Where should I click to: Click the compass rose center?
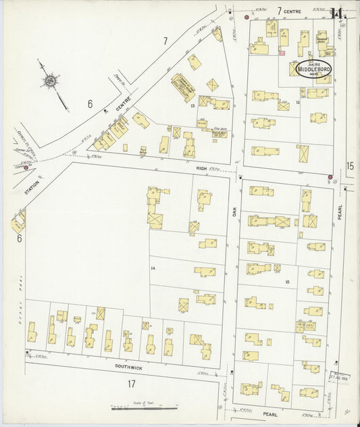(x=50, y=82)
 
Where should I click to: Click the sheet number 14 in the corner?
(x=338, y=13)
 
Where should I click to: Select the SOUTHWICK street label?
(x=128, y=366)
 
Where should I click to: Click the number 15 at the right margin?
(x=350, y=166)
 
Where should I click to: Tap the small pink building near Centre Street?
(x=282, y=53)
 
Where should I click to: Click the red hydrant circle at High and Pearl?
(x=330, y=177)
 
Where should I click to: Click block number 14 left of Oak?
(x=153, y=269)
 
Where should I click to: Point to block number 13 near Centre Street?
(x=192, y=105)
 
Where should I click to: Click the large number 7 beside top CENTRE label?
(x=279, y=11)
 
